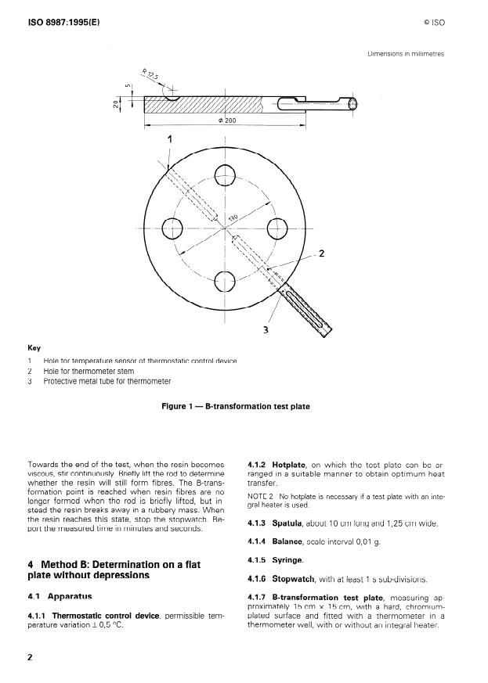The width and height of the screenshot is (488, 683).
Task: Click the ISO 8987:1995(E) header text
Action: point(62,22)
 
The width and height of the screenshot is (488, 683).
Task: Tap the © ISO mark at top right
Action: point(433,23)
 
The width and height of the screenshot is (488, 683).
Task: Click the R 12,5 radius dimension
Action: point(151,76)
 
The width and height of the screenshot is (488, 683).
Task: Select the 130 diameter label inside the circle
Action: point(233,217)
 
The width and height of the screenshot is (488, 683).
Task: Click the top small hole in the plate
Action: point(226,174)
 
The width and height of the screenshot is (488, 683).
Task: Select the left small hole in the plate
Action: point(172,228)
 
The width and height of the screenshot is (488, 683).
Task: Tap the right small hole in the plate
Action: point(279,228)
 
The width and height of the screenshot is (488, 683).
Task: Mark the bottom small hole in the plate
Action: point(226,281)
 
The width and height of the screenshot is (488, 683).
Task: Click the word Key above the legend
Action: point(34,348)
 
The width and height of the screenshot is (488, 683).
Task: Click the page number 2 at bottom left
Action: point(31,656)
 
